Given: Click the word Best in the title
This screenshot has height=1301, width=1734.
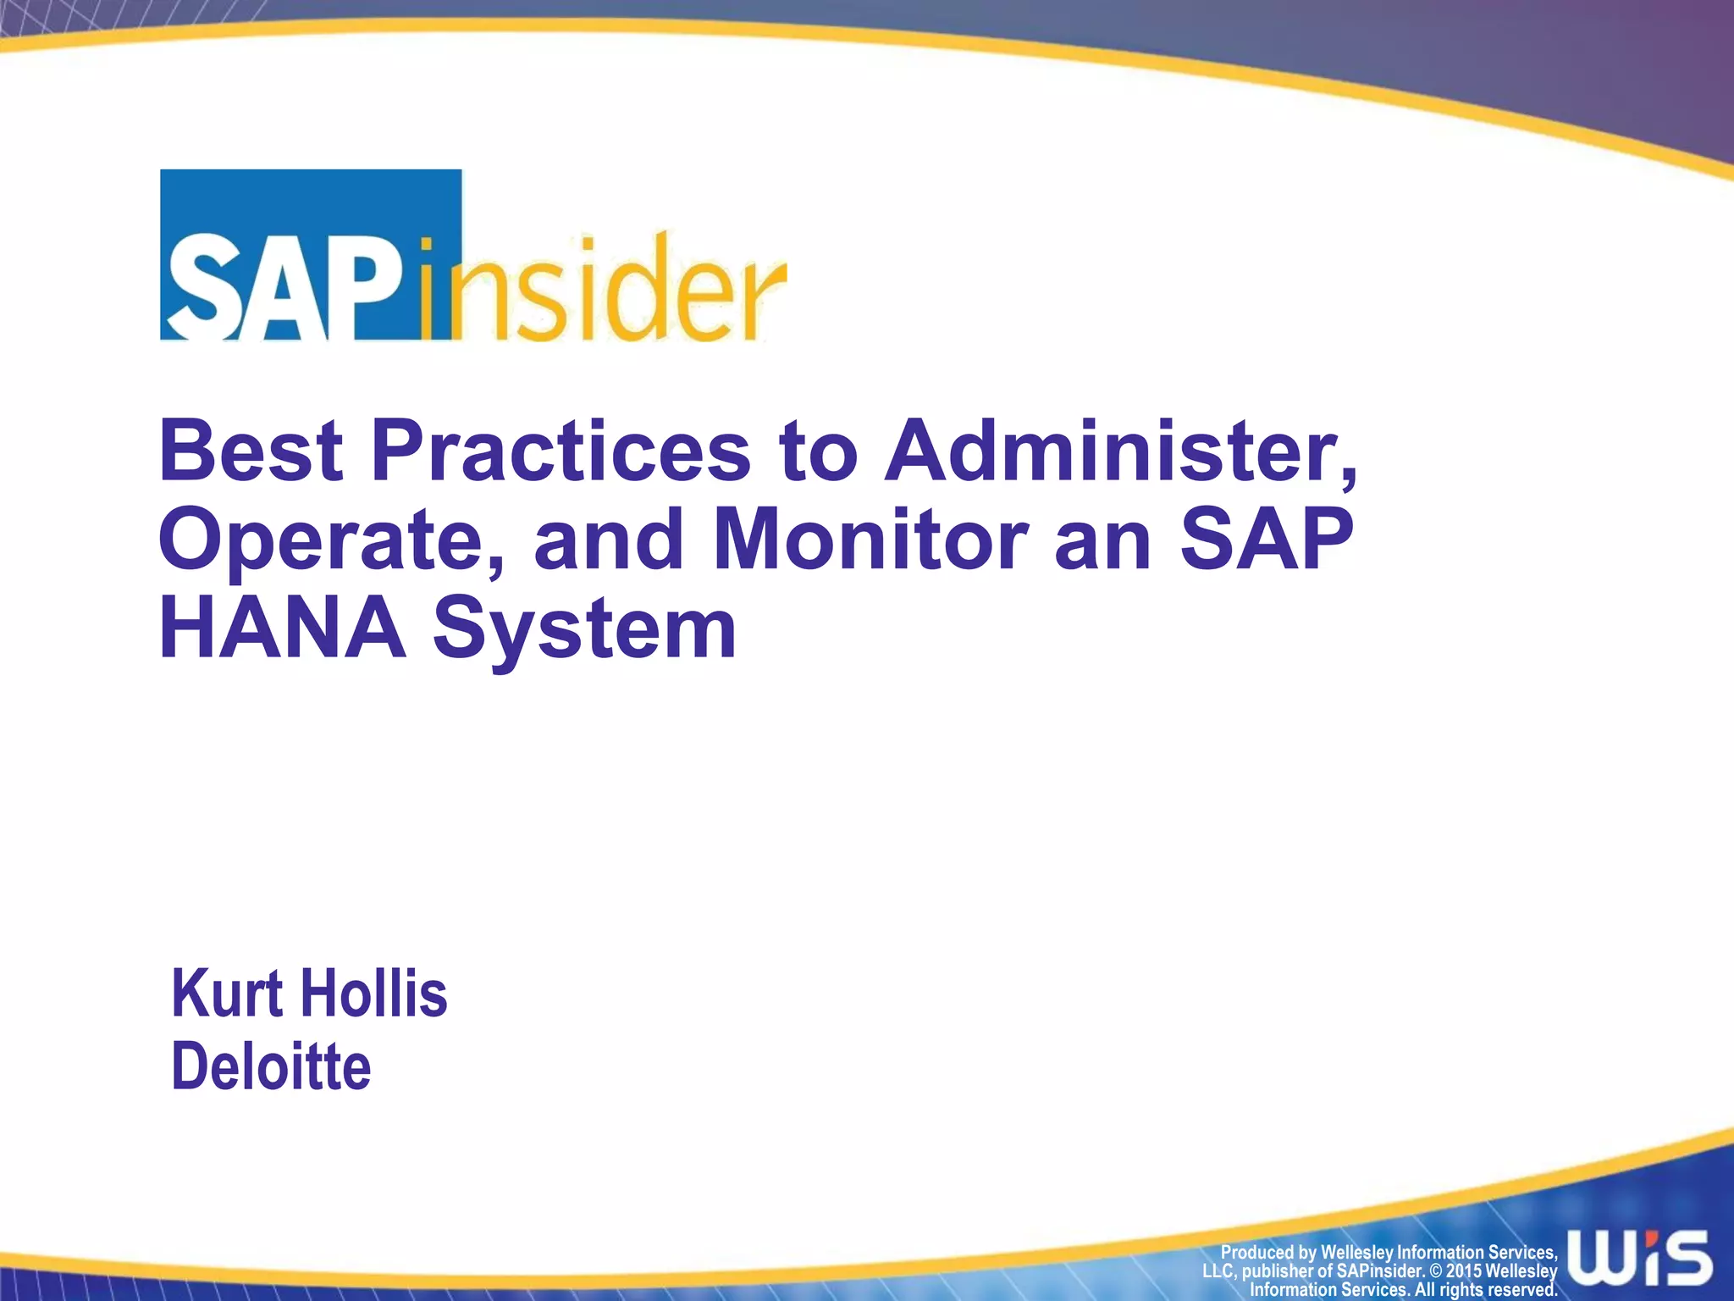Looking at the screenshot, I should coord(251,451).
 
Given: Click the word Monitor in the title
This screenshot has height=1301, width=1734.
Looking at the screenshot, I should coord(871,540).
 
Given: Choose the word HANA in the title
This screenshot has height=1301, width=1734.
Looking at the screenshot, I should coord(283,628).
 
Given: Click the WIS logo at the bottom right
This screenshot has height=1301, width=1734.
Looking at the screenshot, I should coord(1639,1258).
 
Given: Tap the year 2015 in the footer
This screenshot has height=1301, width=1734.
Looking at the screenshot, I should coord(1463,1271).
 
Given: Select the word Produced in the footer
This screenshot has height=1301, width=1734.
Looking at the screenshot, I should coord(1256,1253).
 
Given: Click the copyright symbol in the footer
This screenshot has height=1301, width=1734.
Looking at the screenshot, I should coord(1435,1271).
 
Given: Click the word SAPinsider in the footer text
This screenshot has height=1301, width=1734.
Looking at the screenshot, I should coord(1379,1271).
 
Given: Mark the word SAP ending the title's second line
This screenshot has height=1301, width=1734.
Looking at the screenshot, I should coord(1267,540).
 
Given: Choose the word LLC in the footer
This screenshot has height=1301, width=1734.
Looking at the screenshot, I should coord(1219,1271).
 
